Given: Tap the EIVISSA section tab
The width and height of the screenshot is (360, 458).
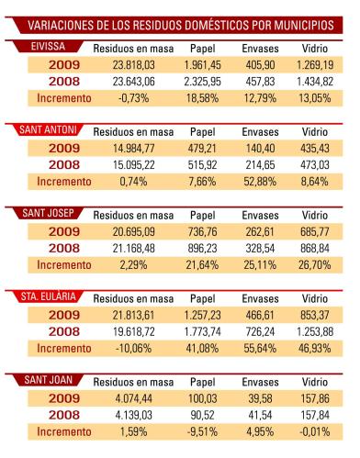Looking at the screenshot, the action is pyautogui.click(x=48, y=47).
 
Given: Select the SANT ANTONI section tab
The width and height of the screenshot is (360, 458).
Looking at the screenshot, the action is pyautogui.click(x=48, y=129).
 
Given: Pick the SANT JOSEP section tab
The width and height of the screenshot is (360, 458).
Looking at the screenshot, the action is pyautogui.click(x=48, y=213).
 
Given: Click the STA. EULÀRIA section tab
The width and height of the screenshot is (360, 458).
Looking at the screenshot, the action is pyautogui.click(x=48, y=296).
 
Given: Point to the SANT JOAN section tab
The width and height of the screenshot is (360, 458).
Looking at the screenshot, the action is pyautogui.click(x=48, y=380).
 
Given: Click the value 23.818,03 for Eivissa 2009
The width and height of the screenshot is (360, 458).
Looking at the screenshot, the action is pyautogui.click(x=133, y=65).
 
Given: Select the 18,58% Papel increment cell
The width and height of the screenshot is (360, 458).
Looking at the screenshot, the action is pyautogui.click(x=202, y=98).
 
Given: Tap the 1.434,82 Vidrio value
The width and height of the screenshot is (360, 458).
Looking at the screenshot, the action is pyautogui.click(x=315, y=82).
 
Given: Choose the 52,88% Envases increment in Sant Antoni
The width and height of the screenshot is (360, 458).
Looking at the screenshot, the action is pyautogui.click(x=260, y=182).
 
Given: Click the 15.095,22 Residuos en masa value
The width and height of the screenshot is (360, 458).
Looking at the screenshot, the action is pyautogui.click(x=133, y=165).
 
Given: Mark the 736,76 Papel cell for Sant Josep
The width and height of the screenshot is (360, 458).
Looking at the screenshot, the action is pyautogui.click(x=202, y=231).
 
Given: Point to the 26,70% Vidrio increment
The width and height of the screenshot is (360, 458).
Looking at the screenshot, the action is pyautogui.click(x=315, y=265).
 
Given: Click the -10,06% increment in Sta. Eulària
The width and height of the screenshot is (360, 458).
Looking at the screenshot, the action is pyautogui.click(x=133, y=349).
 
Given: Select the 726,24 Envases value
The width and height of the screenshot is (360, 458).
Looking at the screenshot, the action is pyautogui.click(x=260, y=331).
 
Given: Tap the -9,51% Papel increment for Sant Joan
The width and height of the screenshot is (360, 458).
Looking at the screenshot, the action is pyautogui.click(x=202, y=431).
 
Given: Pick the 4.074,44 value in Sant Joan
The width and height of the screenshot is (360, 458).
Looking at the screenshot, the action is pyautogui.click(x=133, y=398).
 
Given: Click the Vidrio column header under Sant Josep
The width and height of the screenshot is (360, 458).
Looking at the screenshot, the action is pyautogui.click(x=315, y=216).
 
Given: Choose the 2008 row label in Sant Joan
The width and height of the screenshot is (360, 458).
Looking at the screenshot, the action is pyautogui.click(x=64, y=415).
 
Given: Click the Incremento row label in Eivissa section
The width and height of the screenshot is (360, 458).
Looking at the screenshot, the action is pyautogui.click(x=64, y=98).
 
